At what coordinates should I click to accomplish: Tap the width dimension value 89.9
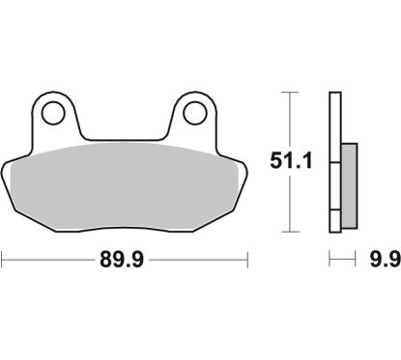point(127,259)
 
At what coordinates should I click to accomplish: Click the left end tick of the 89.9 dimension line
point(3,259)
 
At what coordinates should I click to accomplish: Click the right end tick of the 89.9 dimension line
point(249,259)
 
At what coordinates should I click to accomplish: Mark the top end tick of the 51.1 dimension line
point(287,92)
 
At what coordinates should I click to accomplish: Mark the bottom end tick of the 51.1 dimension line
point(287,232)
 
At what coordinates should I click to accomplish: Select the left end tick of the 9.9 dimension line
point(329,259)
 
